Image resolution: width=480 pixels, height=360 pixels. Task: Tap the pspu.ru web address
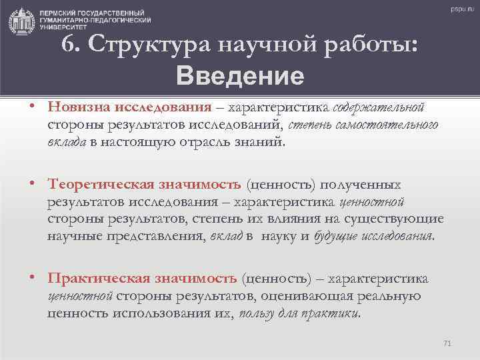pos(461,9)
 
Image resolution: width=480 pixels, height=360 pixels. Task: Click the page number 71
pos(447,343)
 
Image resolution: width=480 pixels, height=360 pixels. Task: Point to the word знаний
pos(263,141)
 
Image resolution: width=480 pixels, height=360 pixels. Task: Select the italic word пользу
pos(256,313)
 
